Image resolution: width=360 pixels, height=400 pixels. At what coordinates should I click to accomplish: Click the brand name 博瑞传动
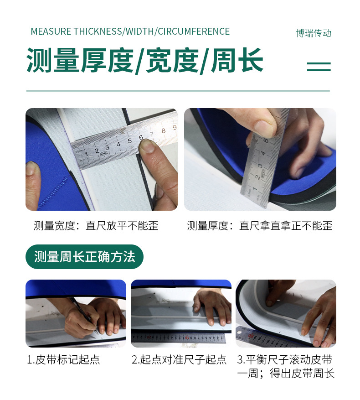coord(313,33)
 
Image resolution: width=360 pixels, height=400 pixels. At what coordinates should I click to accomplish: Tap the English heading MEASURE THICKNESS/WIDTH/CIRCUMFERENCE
coord(130,31)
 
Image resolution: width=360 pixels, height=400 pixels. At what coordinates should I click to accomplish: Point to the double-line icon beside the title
coord(319,67)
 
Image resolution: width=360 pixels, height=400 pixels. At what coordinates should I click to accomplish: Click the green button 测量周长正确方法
coord(84,257)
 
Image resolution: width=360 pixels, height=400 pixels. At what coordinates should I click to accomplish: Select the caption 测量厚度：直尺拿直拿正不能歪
coord(260,226)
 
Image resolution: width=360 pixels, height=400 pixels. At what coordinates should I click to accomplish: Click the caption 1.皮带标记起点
coord(63,359)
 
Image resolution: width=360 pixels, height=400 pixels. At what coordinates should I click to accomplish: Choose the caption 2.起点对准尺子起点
coord(179,359)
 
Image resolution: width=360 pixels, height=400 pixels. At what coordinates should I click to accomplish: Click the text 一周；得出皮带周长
coord(286,374)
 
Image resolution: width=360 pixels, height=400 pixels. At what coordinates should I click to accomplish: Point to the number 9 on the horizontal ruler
coord(174,128)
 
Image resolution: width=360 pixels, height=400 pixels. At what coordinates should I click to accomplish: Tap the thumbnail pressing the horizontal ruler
coord(147,146)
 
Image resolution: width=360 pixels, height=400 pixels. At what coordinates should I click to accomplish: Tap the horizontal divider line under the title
coord(178,91)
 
